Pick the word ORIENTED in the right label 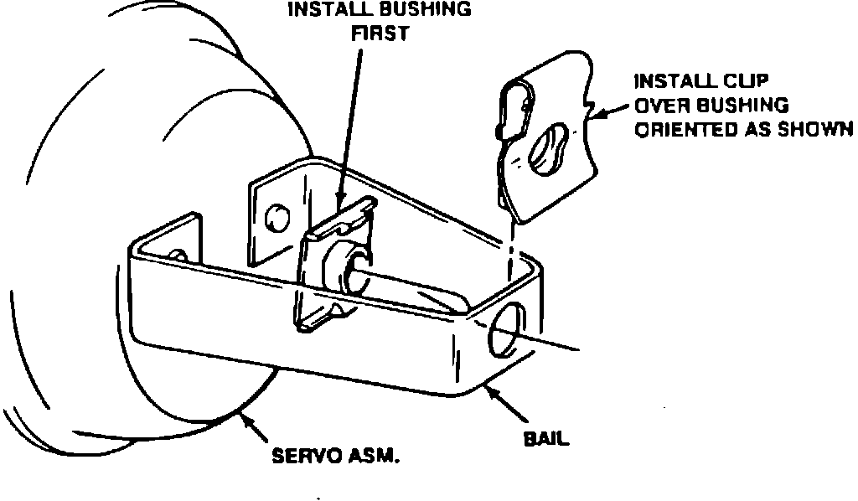point(678,130)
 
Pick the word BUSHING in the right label point(749,106)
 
